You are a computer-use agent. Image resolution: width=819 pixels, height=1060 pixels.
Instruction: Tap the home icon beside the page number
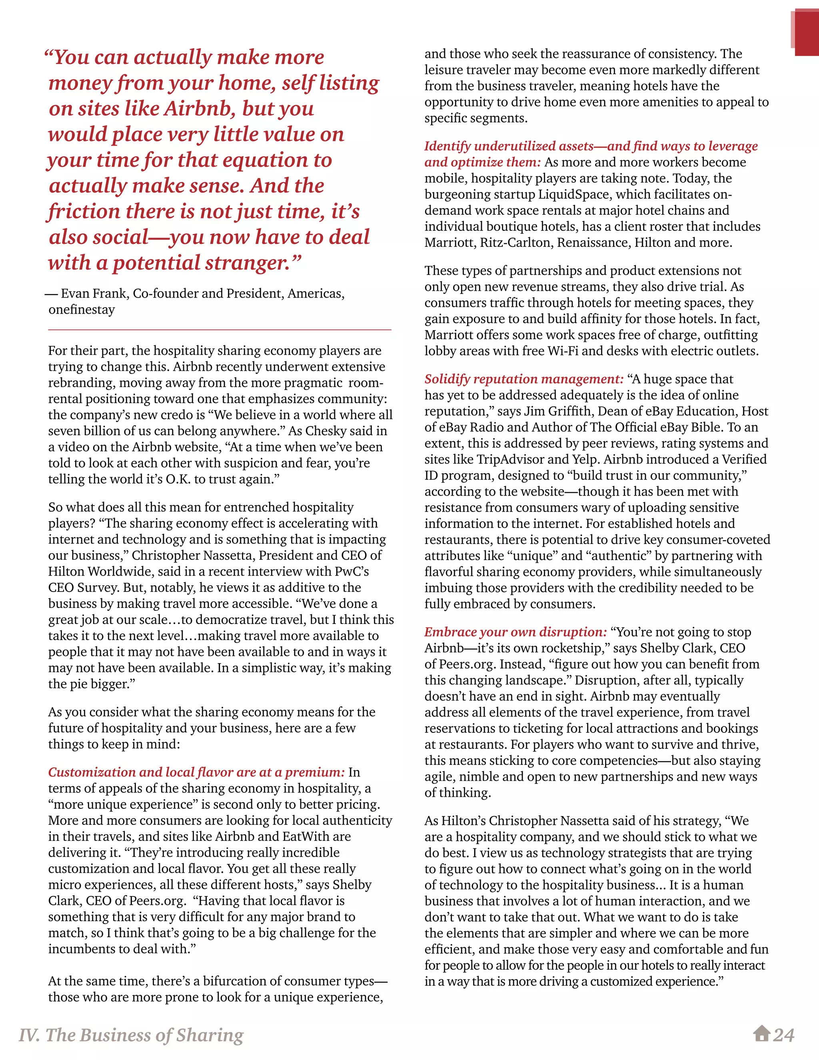tap(762, 1033)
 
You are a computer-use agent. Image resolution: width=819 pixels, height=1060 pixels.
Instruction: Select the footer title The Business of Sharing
tap(131, 1035)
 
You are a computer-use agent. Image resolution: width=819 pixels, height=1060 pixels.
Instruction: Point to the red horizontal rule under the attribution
tap(219, 330)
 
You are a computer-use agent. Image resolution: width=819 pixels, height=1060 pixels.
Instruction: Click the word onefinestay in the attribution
tap(82, 310)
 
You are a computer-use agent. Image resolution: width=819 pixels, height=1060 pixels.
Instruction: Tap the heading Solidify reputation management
tap(523, 379)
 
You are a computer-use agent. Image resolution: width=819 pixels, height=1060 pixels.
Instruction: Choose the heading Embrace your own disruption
tap(515, 632)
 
